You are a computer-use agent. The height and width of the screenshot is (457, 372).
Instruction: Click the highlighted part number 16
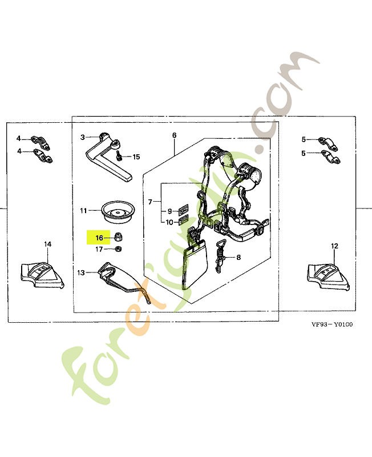click(99, 238)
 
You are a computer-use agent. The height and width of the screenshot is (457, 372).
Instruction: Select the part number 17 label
click(99, 249)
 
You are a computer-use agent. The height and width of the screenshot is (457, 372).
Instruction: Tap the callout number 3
click(82, 137)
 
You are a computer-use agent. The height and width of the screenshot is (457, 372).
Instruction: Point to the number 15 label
click(136, 157)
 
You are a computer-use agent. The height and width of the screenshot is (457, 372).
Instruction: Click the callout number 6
click(174, 135)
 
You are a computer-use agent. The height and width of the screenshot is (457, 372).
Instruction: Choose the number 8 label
click(238, 258)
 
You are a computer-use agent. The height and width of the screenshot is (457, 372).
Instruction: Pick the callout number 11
click(83, 211)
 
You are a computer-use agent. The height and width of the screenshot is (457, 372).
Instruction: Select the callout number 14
click(48, 244)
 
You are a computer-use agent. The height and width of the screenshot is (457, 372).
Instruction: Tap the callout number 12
click(334, 246)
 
